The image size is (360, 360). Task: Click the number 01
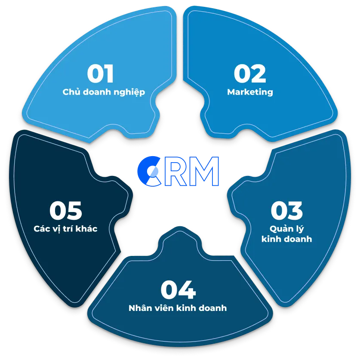pyautogui.click(x=100, y=74)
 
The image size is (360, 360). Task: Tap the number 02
pyautogui.click(x=250, y=74)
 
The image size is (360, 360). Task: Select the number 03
pyautogui.click(x=286, y=210)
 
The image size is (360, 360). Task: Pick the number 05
pyautogui.click(x=65, y=210)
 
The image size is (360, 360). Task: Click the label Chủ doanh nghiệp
pyautogui.click(x=104, y=92)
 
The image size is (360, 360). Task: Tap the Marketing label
pyautogui.click(x=250, y=92)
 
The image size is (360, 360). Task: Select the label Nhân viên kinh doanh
pyautogui.click(x=178, y=308)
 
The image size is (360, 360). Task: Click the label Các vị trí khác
pyautogui.click(x=65, y=229)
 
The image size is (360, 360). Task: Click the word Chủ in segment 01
pyautogui.click(x=71, y=92)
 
